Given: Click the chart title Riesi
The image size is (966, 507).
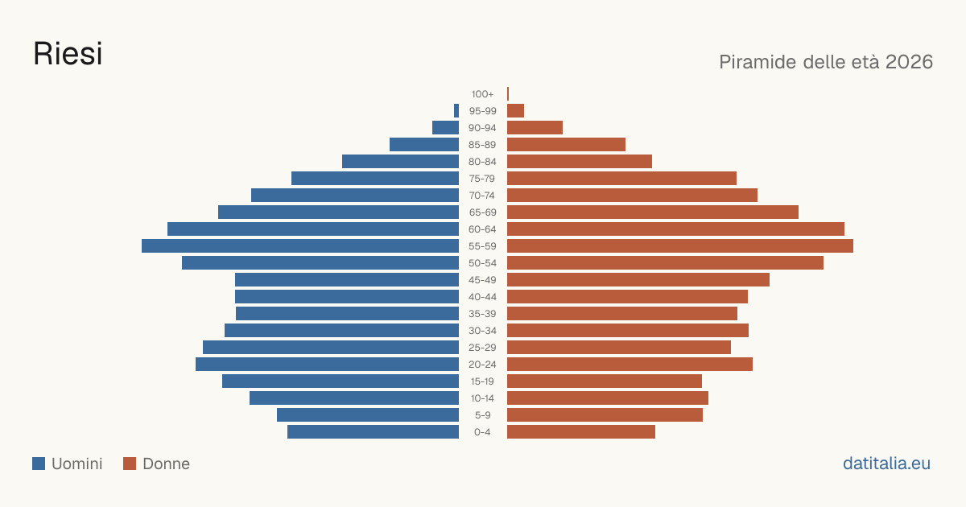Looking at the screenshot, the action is (x=68, y=53).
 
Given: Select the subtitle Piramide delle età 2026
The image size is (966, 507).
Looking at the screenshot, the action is (x=826, y=62).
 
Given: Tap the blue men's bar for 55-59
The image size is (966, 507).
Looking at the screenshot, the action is (x=300, y=245).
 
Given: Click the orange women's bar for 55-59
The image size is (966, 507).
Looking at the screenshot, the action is (x=680, y=245).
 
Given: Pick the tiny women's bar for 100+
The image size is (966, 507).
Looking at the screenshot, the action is (x=508, y=93).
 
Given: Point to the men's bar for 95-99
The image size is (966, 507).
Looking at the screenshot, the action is (x=456, y=110).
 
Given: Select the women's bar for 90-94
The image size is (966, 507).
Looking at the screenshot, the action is (x=535, y=127).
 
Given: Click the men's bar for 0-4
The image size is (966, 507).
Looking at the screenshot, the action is (x=373, y=431).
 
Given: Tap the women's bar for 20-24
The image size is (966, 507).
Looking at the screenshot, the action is (x=630, y=364).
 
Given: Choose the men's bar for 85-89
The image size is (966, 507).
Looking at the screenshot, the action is (x=424, y=144).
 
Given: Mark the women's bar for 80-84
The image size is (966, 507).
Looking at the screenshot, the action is (x=580, y=161).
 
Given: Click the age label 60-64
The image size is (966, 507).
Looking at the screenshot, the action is (x=482, y=229).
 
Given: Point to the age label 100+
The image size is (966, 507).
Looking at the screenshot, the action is (x=482, y=93).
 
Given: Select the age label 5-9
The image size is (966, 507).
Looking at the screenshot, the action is (x=482, y=414).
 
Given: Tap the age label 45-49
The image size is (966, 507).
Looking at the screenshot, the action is (x=482, y=280).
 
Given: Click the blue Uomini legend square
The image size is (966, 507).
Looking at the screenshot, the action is (x=39, y=464).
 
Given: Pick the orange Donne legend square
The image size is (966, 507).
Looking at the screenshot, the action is (x=130, y=464).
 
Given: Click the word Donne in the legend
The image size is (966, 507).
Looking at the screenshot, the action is (x=167, y=464).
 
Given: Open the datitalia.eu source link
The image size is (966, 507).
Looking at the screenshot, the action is (x=886, y=463).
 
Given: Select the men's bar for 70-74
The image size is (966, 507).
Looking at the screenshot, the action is (x=355, y=195).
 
